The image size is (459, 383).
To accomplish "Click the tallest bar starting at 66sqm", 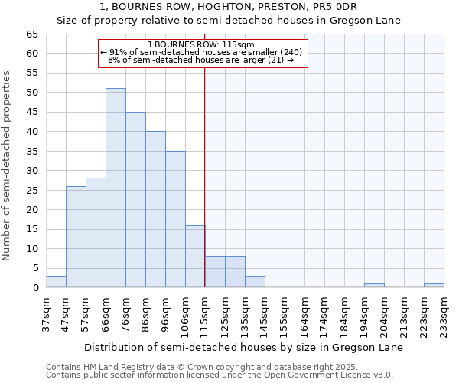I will (116, 188).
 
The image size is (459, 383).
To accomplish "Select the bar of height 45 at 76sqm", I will (135, 200).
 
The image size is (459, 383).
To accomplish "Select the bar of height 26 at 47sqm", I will (76, 237).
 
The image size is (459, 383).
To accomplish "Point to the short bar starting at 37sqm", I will (56, 282).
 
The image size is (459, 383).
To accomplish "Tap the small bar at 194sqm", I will (374, 286).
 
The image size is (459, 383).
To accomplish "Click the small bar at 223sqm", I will (434, 286).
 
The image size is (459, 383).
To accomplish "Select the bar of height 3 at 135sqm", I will (255, 282).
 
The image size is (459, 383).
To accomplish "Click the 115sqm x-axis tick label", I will (205, 313).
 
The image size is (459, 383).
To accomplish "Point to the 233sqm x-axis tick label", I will (444, 313).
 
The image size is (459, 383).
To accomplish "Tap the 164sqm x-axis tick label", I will (304, 313).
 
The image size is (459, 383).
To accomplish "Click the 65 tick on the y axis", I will (31, 34).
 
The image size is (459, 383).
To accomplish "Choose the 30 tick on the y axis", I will (31, 171).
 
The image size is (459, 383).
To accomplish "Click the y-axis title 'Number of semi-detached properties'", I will (8, 165).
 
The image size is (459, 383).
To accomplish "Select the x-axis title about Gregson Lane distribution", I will (243, 347).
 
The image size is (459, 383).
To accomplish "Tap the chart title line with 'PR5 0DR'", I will (229, 7).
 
